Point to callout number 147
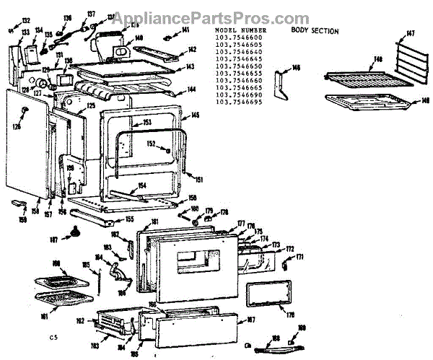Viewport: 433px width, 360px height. coord(411,33)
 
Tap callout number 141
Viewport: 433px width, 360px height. coord(185,30)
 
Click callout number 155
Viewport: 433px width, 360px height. coord(129,219)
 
